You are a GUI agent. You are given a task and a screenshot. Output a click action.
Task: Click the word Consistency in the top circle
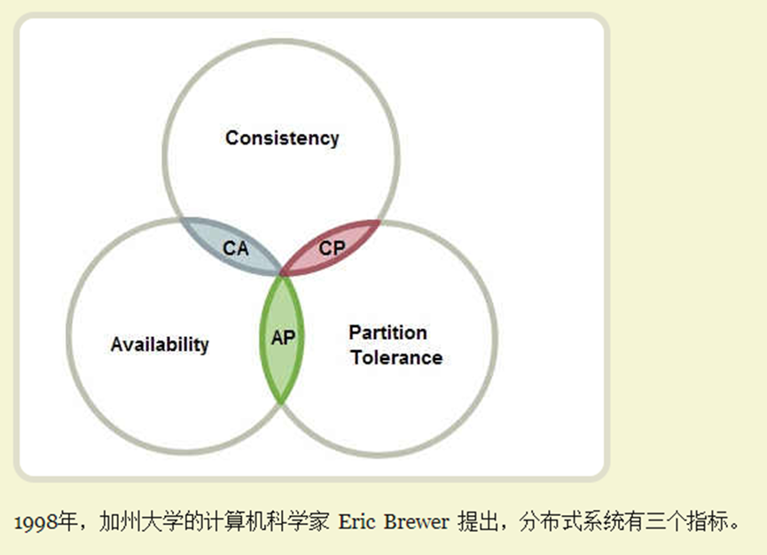pyautogui.click(x=282, y=138)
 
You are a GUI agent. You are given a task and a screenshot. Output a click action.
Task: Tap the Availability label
pyautogui.click(x=160, y=345)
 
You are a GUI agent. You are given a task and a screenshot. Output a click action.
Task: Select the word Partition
pyautogui.click(x=387, y=332)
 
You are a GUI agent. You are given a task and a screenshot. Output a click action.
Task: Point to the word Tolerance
pyautogui.click(x=396, y=357)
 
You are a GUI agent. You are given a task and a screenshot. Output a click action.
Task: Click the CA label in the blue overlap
pyautogui.click(x=236, y=248)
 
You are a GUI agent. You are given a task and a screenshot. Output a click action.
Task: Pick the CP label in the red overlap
pyautogui.click(x=333, y=248)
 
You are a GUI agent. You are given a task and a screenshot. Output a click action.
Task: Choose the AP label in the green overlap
pyautogui.click(x=283, y=338)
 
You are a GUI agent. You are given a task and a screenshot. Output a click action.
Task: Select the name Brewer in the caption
pyautogui.click(x=416, y=521)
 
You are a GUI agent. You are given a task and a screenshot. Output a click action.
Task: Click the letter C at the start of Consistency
pyautogui.click(x=231, y=138)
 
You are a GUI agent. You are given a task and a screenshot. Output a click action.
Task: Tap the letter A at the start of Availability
pyautogui.click(x=117, y=344)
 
